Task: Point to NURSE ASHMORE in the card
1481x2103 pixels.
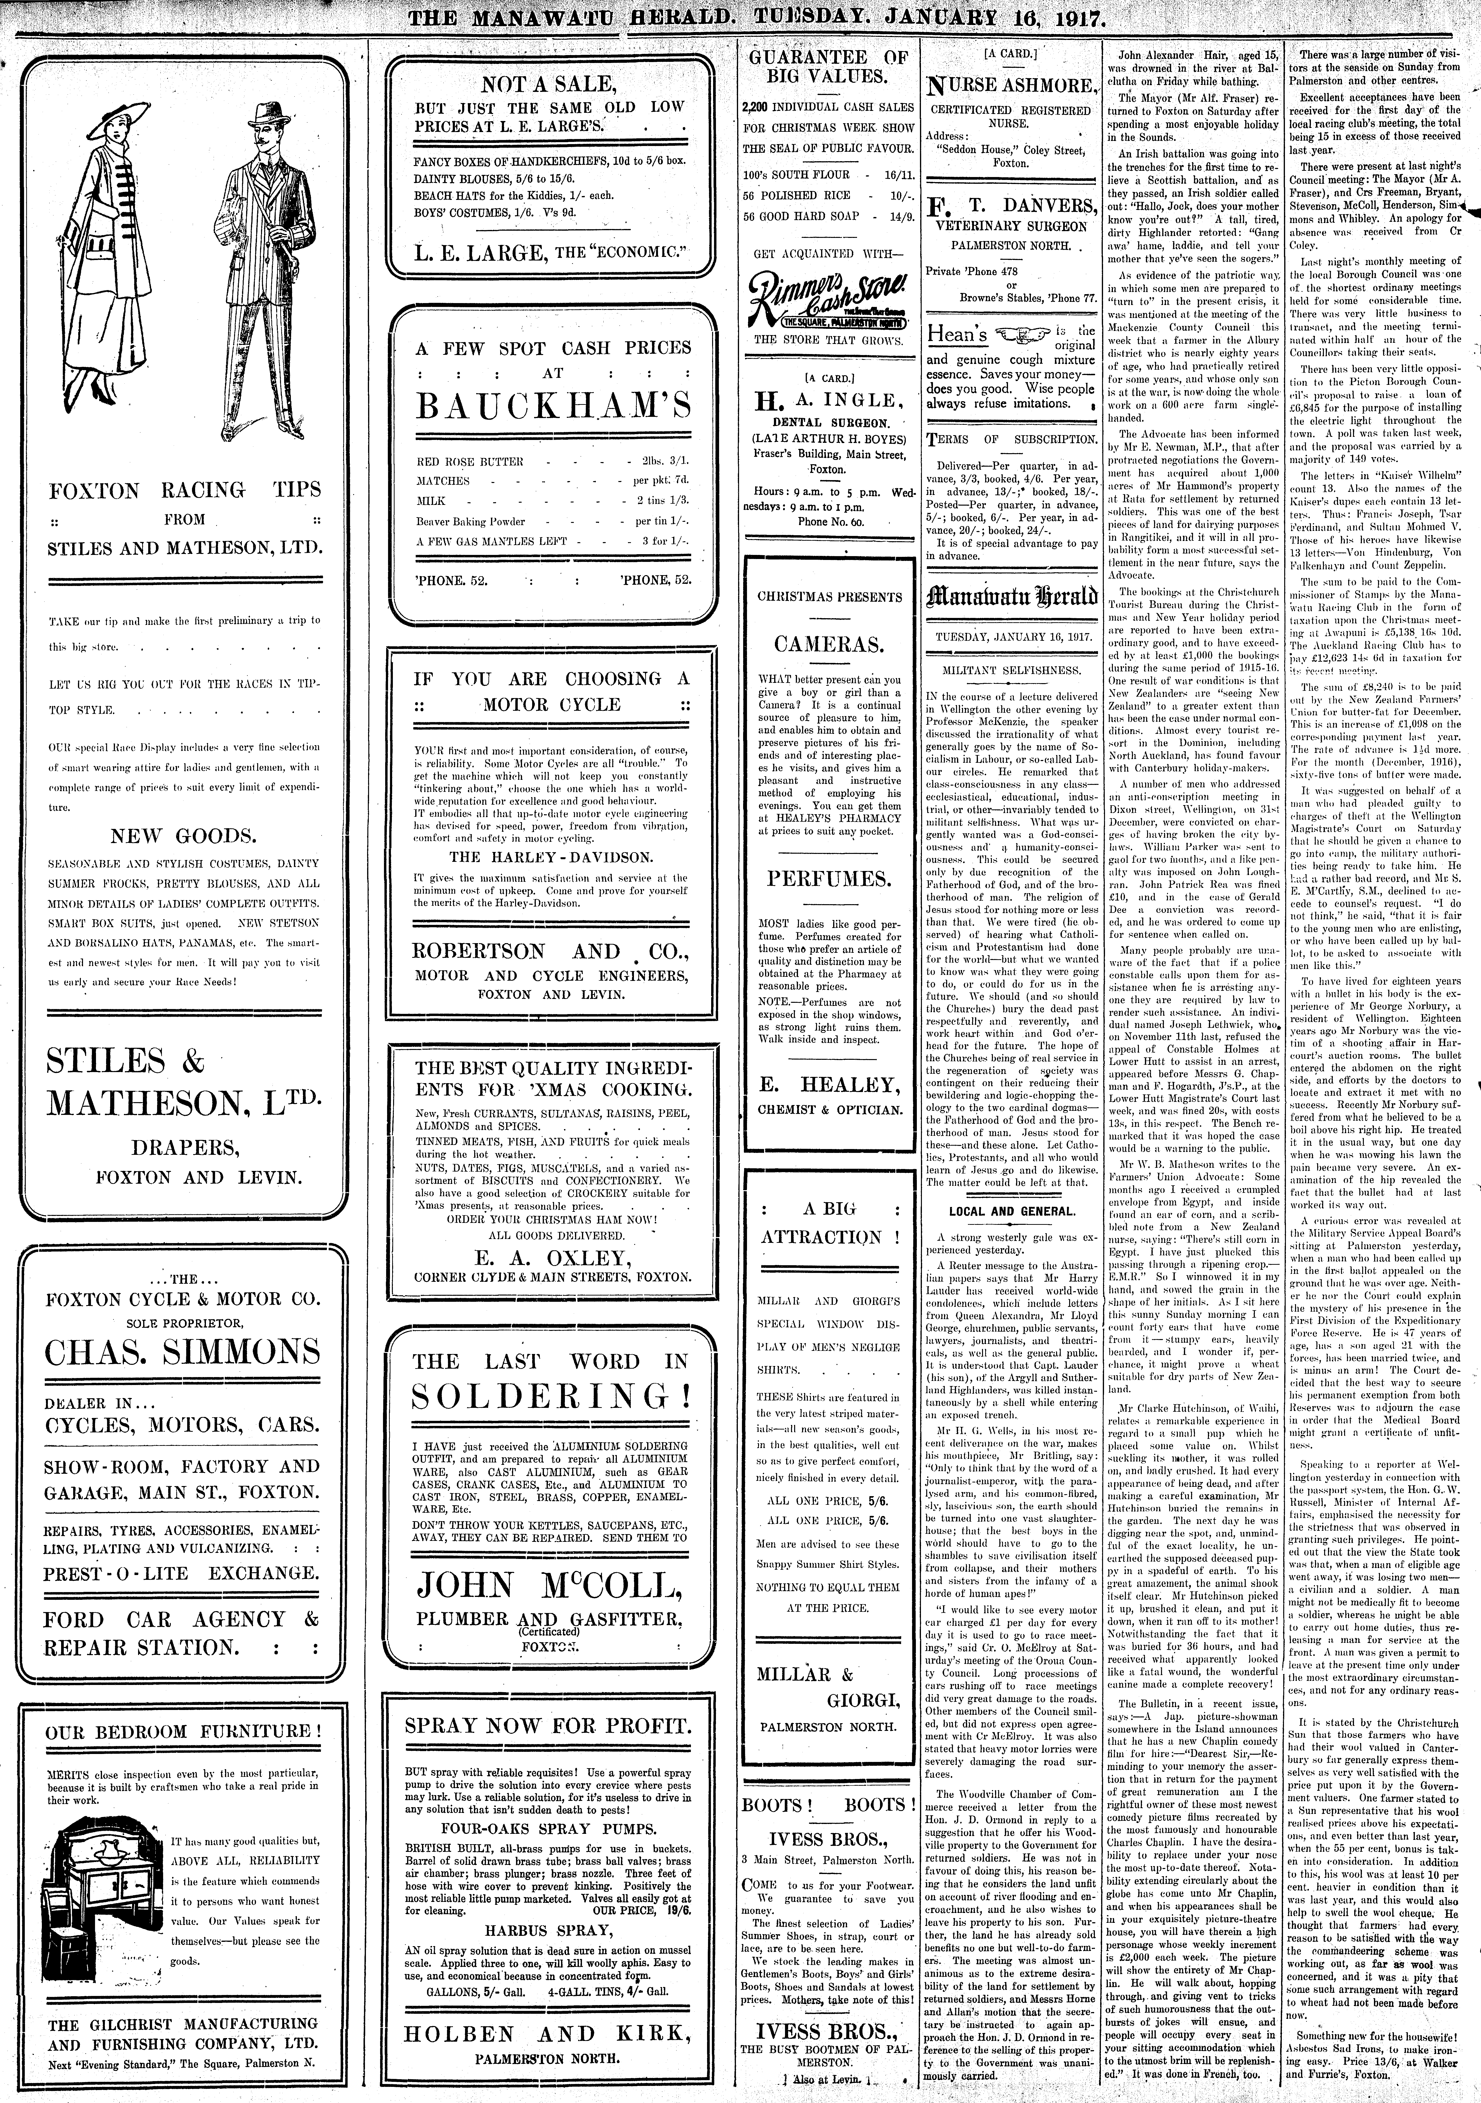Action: pyautogui.click(x=1011, y=87)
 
